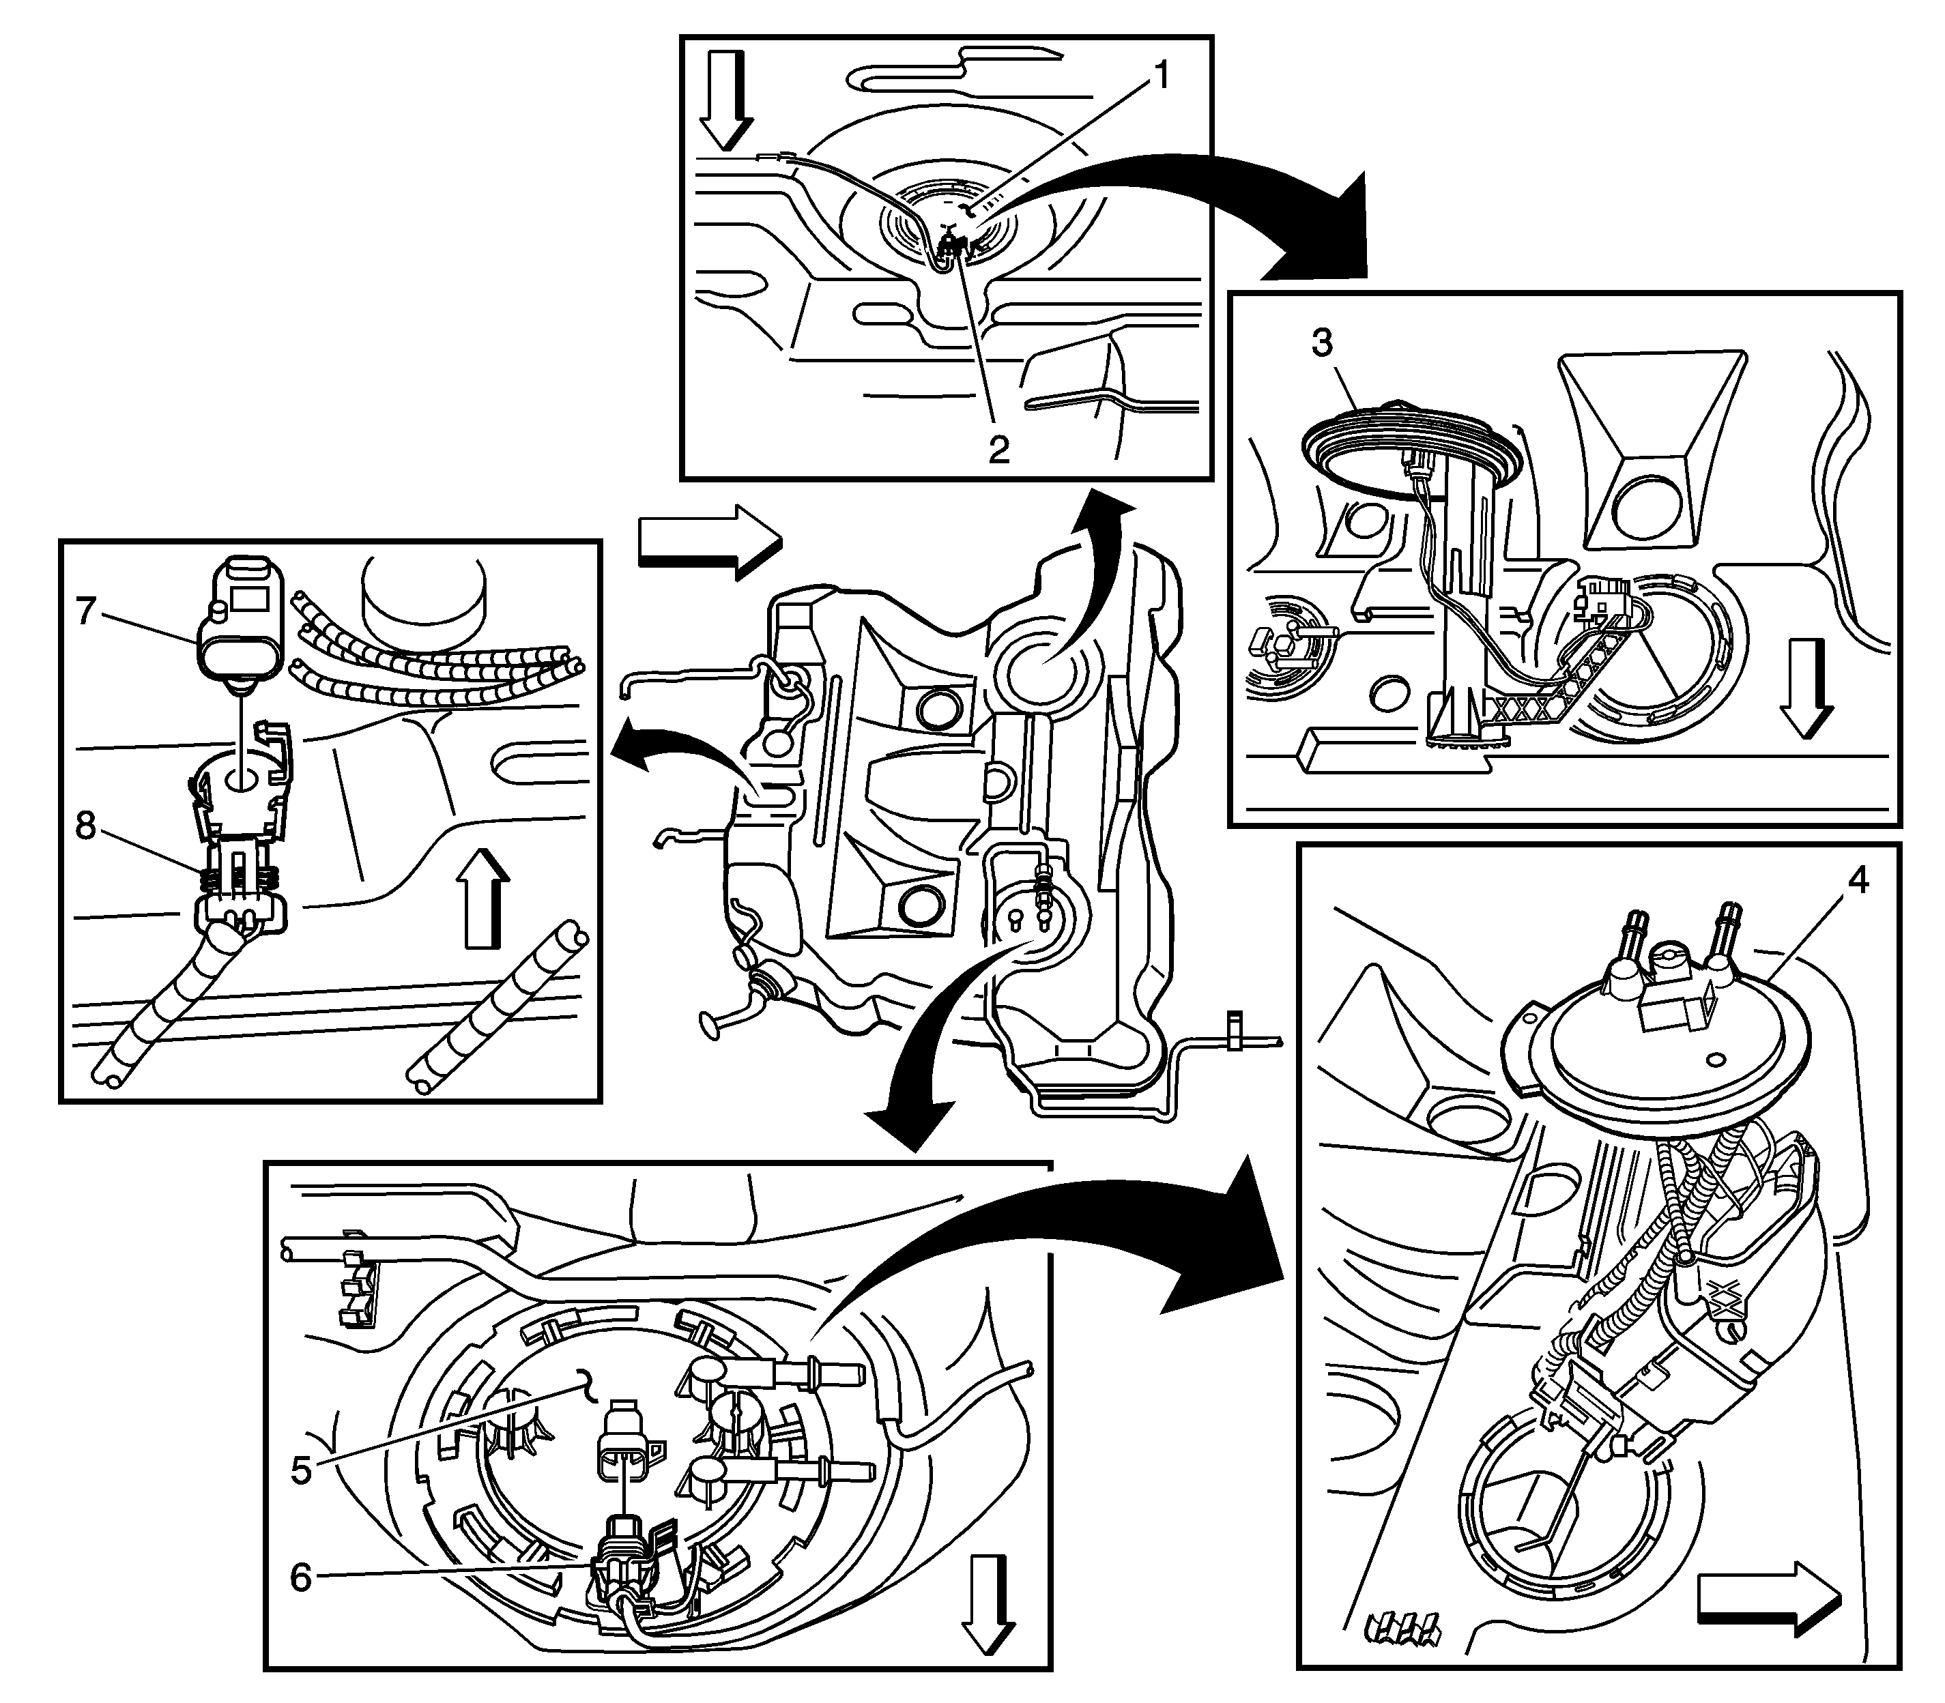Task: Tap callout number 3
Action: tap(1323, 343)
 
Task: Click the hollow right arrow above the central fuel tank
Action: tap(709, 544)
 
